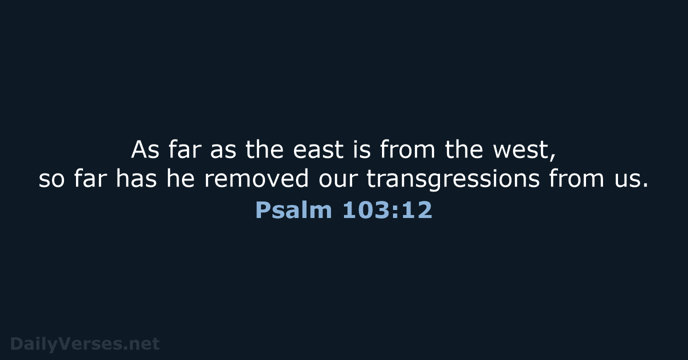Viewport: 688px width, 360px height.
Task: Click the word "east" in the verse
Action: tap(318, 150)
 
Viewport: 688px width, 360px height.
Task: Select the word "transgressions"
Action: tap(453, 180)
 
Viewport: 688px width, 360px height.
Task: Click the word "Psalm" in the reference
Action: tap(293, 210)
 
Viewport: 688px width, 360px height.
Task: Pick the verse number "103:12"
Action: tap(387, 210)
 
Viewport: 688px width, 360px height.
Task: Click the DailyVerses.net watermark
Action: tap(85, 343)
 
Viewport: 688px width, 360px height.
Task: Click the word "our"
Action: tap(337, 181)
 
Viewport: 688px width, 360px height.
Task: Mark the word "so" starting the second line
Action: tap(51, 181)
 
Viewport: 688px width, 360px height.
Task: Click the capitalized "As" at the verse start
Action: tap(145, 150)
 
